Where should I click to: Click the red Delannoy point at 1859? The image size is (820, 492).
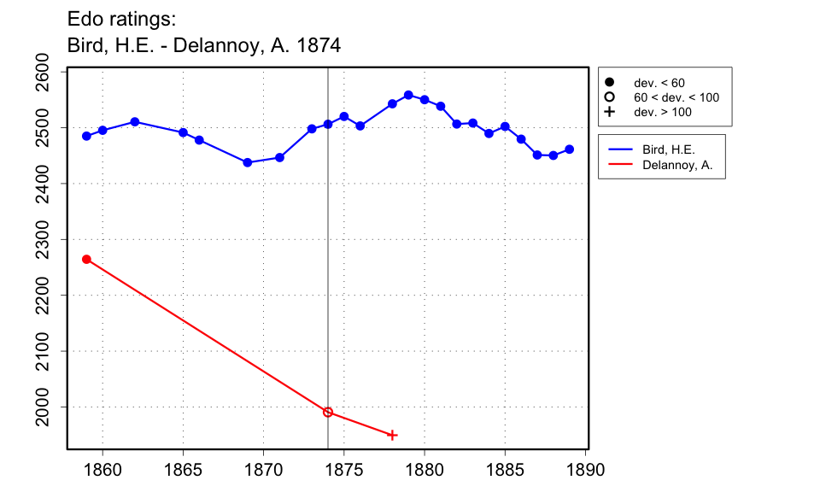pos(86,259)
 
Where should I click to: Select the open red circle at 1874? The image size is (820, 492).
pos(328,412)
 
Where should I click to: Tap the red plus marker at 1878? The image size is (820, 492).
pos(392,435)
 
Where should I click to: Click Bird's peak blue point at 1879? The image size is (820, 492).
pos(408,95)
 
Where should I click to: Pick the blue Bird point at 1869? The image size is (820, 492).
pos(248,162)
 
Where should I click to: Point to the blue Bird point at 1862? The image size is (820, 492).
pos(135,122)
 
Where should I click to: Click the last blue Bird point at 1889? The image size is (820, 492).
pos(570,149)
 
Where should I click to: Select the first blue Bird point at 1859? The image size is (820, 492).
pos(86,136)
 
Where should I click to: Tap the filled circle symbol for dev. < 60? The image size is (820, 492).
pos(610,83)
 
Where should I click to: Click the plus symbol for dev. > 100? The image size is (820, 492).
pos(610,112)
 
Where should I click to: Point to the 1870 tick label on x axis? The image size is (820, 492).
pos(263,469)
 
